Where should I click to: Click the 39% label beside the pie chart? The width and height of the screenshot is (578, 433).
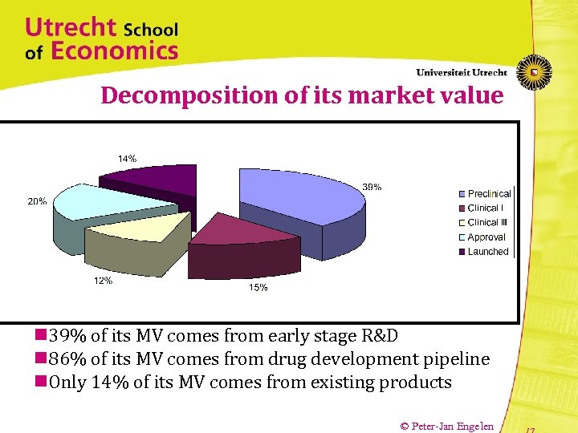click(372, 187)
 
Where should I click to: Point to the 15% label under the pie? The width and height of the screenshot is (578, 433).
click(258, 288)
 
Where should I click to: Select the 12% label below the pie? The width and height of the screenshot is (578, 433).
click(103, 281)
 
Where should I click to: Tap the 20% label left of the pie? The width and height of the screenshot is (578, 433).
click(37, 201)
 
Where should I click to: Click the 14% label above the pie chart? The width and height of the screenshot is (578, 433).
click(127, 159)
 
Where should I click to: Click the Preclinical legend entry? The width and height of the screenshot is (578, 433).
click(488, 194)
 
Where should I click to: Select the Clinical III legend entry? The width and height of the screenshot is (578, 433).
click(487, 223)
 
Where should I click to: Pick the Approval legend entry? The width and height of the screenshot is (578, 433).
click(486, 237)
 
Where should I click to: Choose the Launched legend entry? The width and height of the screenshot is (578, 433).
click(487, 252)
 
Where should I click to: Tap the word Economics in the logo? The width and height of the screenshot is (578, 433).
click(114, 52)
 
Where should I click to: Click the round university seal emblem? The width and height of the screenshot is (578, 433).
click(533, 72)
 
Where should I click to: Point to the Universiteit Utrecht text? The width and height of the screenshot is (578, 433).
click(462, 72)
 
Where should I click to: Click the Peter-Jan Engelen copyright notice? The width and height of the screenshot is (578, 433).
click(446, 426)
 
